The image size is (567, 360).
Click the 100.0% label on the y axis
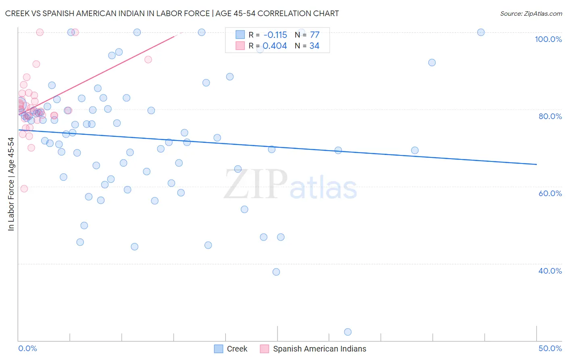[548, 39]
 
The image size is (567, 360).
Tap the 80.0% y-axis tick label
[550, 116]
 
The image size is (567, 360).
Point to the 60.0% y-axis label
[550, 193]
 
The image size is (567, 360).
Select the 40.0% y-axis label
[550, 271]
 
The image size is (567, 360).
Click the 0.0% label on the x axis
[27, 348]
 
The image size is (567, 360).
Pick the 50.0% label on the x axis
[550, 348]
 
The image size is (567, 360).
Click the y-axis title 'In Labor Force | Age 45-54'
[11, 184]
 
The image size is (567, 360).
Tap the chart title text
[172, 13]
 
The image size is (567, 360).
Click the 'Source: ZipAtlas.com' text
[531, 13]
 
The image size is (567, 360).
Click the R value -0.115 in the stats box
[275, 35]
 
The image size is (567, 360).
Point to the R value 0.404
[275, 46]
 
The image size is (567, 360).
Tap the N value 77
[315, 35]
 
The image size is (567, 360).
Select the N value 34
[315, 46]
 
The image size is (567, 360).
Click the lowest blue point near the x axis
[348, 332]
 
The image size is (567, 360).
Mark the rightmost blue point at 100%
[481, 32]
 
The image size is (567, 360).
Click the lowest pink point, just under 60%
[24, 188]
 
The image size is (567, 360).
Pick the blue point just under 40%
[276, 272]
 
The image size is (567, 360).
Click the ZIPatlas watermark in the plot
[290, 185]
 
